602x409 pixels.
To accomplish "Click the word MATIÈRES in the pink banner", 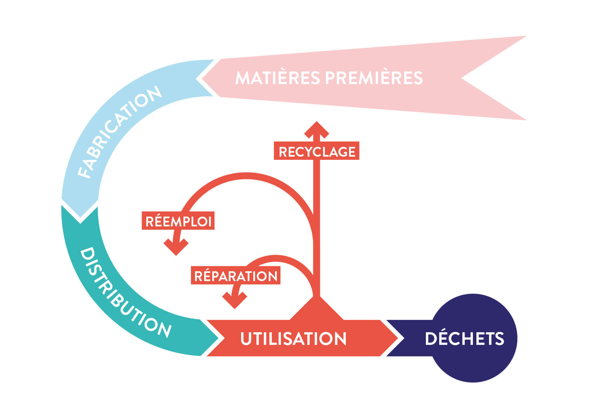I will pyautogui.click(x=277, y=78).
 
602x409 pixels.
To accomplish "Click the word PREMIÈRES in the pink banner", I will pyautogui.click(x=374, y=78).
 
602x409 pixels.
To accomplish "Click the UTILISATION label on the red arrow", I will pyautogui.click(x=293, y=339).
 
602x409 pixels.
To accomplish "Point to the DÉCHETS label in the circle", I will pyautogui.click(x=464, y=339).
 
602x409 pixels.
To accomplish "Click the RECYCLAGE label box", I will pyautogui.click(x=317, y=152).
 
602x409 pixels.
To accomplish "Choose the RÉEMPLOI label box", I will pyautogui.click(x=178, y=221).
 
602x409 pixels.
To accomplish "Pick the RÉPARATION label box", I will pyautogui.click(x=236, y=276).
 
